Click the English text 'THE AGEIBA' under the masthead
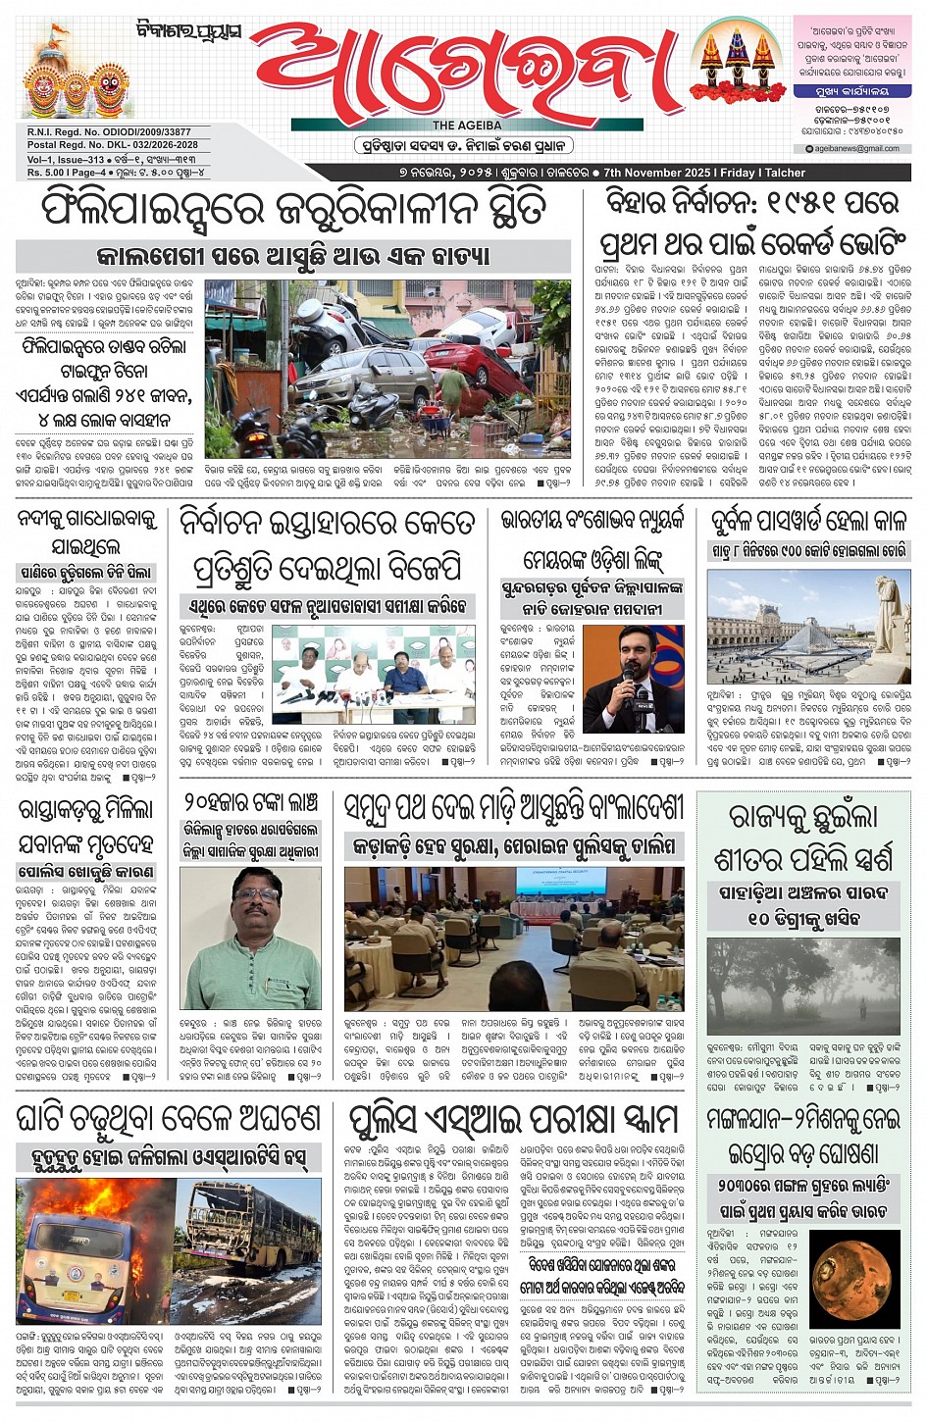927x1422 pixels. click(x=467, y=126)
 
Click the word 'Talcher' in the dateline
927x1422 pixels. click(x=785, y=173)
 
